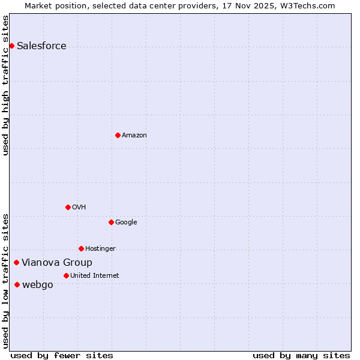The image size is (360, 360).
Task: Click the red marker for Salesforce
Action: pyautogui.click(x=11, y=46)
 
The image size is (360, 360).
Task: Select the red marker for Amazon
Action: pyautogui.click(x=118, y=135)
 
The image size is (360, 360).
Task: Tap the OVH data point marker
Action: pyautogui.click(x=68, y=207)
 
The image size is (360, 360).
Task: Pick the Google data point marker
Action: pyautogui.click(x=111, y=222)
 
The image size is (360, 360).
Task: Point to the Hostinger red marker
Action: pyautogui.click(x=81, y=248)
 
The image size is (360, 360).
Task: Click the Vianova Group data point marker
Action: pyautogui.click(x=16, y=262)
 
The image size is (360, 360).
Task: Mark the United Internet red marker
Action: pyautogui.click(x=66, y=275)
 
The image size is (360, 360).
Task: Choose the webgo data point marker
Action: pyautogui.click(x=17, y=284)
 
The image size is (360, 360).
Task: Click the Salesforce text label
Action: pyautogui.click(x=41, y=46)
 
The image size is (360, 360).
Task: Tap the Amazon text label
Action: pyautogui.click(x=134, y=136)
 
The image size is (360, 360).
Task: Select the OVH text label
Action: pyautogui.click(x=79, y=208)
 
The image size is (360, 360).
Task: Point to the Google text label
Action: pyautogui.click(x=126, y=223)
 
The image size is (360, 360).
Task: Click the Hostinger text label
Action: pyautogui.click(x=100, y=249)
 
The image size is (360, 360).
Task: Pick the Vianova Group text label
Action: pyautogui.click(x=57, y=263)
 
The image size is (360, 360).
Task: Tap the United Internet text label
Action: pyautogui.click(x=95, y=276)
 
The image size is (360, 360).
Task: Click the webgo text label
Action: pyautogui.click(x=37, y=285)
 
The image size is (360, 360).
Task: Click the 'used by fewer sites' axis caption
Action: pyautogui.click(x=62, y=355)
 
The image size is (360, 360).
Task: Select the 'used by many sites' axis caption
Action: pyautogui.click(x=301, y=355)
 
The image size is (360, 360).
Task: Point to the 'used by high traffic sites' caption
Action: pyautogui.click(x=6, y=85)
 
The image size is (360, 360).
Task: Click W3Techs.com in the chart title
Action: pyautogui.click(x=305, y=5)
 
